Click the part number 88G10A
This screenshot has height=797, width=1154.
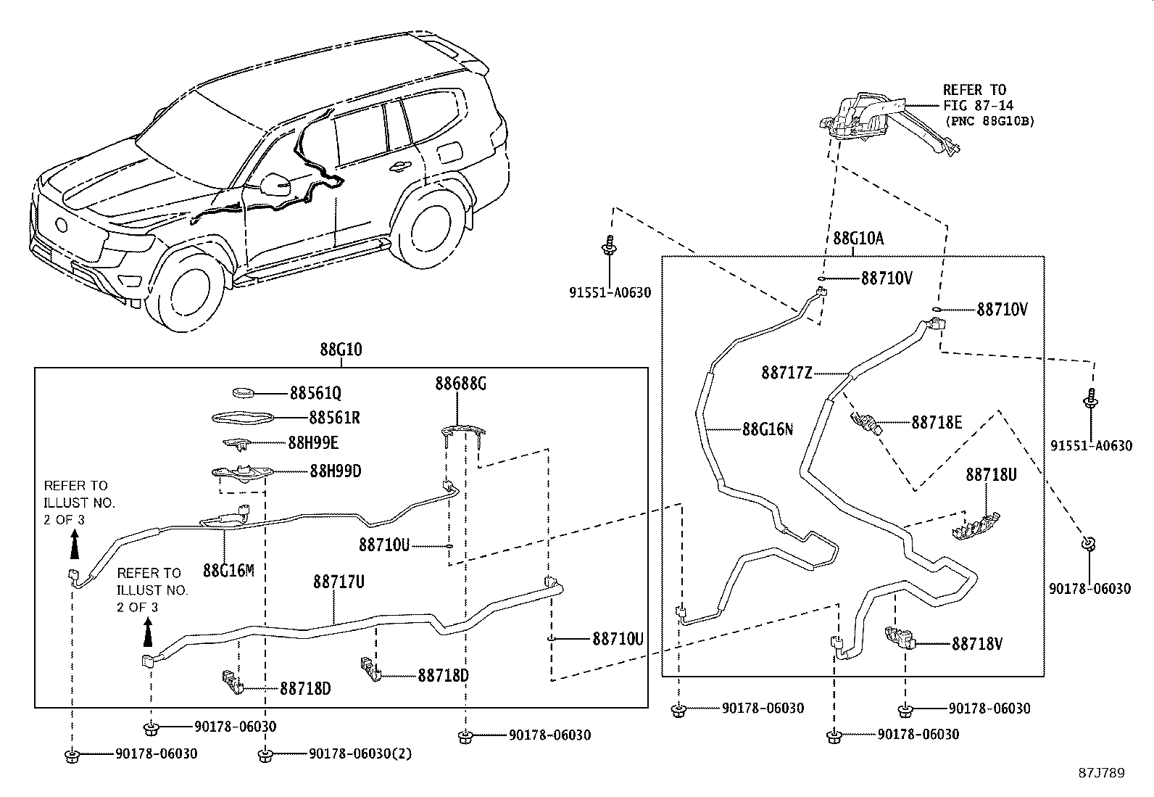coord(858,238)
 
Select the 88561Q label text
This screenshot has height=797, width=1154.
coord(315,393)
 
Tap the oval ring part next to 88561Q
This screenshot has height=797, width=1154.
coord(244,393)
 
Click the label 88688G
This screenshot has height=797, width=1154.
coord(460,383)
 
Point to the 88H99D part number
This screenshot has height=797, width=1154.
coord(335,471)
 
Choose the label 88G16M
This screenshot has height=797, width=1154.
coord(228,570)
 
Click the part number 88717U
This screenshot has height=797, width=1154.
coord(339,582)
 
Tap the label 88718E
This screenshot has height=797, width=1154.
coord(937,421)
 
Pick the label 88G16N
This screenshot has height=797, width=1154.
coord(767,429)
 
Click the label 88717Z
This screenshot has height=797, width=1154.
coord(786,373)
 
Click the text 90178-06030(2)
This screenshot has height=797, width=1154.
coord(360,754)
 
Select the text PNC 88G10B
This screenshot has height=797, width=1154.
coord(989,121)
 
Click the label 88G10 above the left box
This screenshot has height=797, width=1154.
coord(341,350)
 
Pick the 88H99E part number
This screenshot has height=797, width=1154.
coord(313,442)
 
